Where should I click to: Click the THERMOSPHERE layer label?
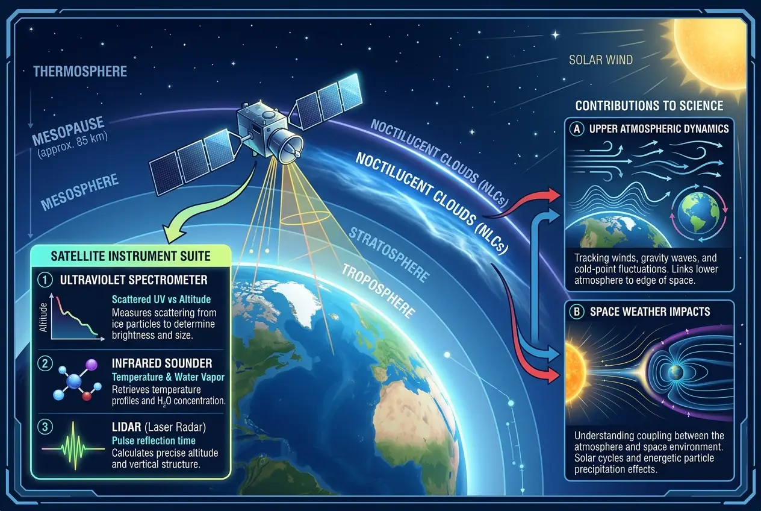coord(80,72)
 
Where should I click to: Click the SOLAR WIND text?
coord(601,60)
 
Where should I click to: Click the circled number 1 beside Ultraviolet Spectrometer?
coord(46,280)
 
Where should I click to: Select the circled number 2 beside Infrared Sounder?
coord(46,363)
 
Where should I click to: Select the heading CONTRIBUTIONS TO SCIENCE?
coord(649,106)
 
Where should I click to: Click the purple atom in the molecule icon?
coord(92,365)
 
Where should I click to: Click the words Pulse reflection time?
coord(154,441)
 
